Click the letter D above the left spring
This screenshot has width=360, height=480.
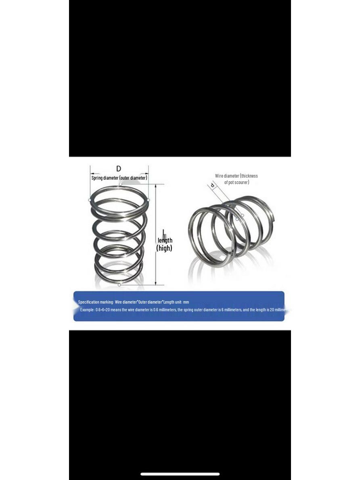pyautogui.click(x=119, y=169)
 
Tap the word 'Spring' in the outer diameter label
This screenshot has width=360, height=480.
pyautogui.click(x=97, y=178)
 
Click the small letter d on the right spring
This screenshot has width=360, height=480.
pyautogui.click(x=212, y=185)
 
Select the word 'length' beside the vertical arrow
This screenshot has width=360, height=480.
pyautogui.click(x=165, y=241)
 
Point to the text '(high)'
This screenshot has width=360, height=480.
pyautogui.click(x=164, y=248)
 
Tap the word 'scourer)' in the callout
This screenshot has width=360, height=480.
pyautogui.click(x=241, y=182)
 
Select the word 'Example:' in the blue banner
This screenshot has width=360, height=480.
pyautogui.click(x=87, y=310)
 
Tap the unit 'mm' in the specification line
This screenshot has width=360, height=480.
pyautogui.click(x=186, y=302)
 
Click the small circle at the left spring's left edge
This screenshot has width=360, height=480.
pyautogui.click(x=90, y=200)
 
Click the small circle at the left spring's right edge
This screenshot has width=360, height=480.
pyautogui.click(x=148, y=200)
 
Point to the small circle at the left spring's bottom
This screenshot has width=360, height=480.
pyautogui.click(x=119, y=285)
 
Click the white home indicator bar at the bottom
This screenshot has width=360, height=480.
pyautogui.click(x=180, y=474)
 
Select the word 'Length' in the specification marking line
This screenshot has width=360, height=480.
pyautogui.click(x=169, y=302)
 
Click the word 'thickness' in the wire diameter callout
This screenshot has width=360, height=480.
pyautogui.click(x=249, y=176)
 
